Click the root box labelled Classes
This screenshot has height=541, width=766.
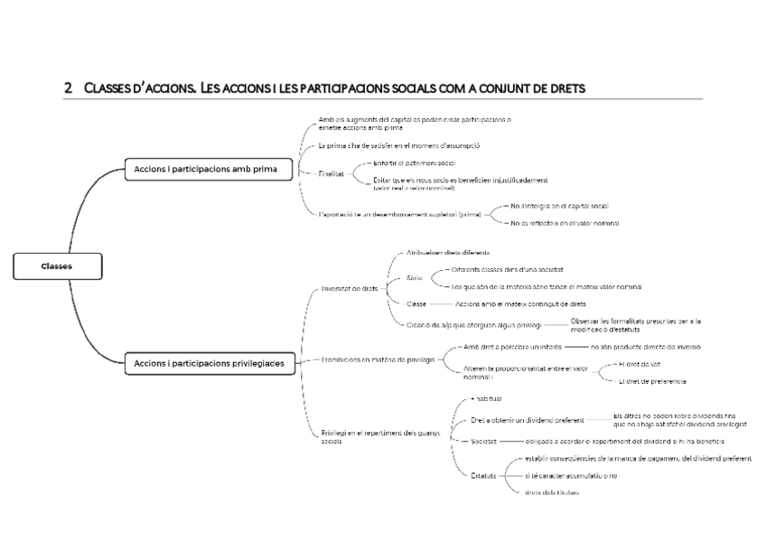(57, 266)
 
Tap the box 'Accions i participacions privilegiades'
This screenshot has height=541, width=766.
(209, 363)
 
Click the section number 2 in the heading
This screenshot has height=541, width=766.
(68, 89)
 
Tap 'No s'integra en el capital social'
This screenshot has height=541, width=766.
(559, 206)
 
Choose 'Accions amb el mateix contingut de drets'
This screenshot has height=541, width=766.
(520, 304)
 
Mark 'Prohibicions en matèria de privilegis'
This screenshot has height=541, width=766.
(378, 359)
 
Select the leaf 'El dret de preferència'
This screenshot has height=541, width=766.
(652, 382)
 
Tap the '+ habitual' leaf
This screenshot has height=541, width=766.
(487, 398)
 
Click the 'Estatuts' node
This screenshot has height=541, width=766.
(483, 475)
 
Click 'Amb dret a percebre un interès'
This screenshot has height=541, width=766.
(512, 347)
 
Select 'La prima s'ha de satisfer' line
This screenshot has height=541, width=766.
(398, 145)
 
